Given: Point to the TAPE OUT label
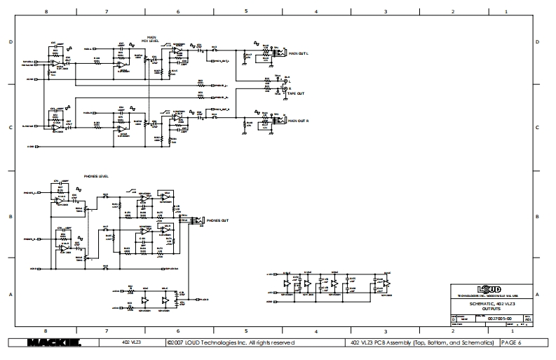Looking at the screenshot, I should coord(295,93).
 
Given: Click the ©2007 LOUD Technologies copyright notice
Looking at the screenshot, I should coord(231,343).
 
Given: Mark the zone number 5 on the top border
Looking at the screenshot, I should coord(246,12).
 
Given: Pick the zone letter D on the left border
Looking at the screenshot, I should coord(11,43).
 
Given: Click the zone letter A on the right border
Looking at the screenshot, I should coord(537,294).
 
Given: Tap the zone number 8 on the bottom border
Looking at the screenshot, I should coord(46,330).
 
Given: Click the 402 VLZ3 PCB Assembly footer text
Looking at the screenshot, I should coord(421,343).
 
